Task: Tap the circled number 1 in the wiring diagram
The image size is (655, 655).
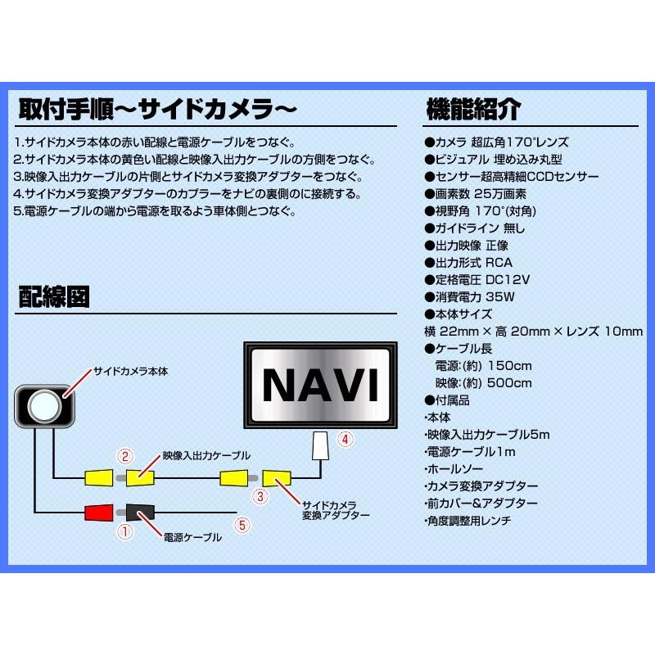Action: [x=125, y=531]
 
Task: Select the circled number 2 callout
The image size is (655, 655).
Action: [x=124, y=456]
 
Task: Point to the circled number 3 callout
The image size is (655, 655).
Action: [x=260, y=495]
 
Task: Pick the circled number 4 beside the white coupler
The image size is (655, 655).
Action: [x=346, y=440]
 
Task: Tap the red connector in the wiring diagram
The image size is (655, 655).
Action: [x=98, y=513]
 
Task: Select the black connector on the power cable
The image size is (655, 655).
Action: [x=139, y=513]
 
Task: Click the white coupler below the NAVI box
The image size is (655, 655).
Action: [x=321, y=445]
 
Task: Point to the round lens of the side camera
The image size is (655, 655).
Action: [x=44, y=404]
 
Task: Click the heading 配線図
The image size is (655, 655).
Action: [x=54, y=297]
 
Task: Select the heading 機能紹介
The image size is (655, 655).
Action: [x=473, y=109]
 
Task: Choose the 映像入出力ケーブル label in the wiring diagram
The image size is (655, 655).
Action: [x=206, y=454]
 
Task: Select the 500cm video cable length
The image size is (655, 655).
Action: [x=508, y=382]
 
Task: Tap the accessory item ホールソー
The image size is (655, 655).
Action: [x=450, y=469]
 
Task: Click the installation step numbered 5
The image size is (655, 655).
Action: [x=155, y=211]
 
